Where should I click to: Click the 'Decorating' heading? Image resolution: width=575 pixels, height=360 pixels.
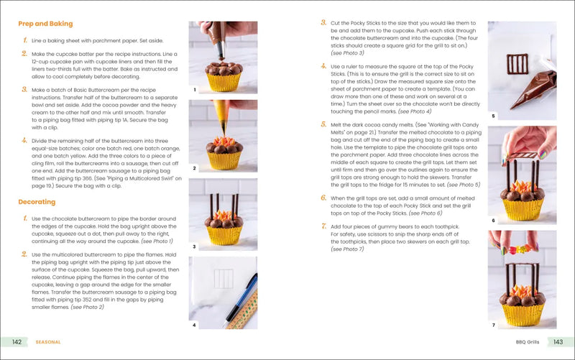(37, 202)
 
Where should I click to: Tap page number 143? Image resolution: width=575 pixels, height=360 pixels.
(558, 342)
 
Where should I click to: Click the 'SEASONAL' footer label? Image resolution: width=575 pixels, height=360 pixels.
(50, 342)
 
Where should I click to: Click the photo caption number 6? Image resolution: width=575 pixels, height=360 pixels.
(493, 221)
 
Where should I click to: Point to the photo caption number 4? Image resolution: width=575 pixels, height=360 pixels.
(194, 325)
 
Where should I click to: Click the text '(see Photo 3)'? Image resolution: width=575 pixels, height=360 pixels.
(347, 52)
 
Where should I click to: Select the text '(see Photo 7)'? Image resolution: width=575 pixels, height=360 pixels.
(347, 249)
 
